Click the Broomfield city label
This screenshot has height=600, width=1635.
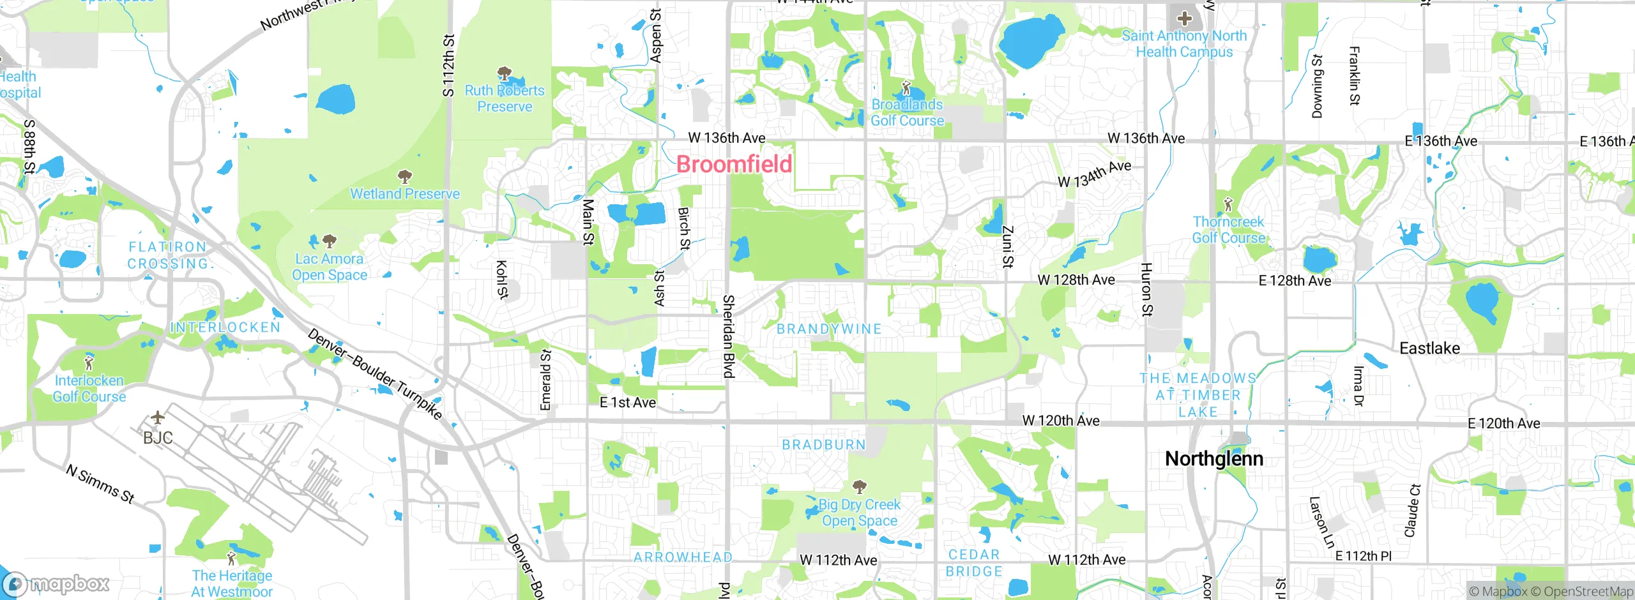[734, 164]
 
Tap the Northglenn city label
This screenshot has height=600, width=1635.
[1213, 458]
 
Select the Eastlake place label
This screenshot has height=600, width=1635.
[1429, 348]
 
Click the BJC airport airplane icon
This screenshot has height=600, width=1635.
[157, 419]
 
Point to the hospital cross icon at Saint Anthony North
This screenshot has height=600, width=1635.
[1184, 18]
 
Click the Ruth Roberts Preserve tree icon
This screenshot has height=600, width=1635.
[504, 73]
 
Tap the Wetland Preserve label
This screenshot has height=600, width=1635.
[404, 193]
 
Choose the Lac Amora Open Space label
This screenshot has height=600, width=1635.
[329, 267]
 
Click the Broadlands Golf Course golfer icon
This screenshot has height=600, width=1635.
[906, 87]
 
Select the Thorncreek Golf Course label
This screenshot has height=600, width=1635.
[1228, 230]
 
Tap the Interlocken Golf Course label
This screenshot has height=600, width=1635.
[89, 388]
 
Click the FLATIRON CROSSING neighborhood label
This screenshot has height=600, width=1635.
[168, 255]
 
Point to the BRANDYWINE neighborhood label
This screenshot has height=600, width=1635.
[828, 329]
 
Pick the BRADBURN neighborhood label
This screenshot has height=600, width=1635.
[824, 444]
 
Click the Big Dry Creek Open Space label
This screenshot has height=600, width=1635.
[860, 513]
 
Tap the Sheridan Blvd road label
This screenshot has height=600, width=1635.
[727, 336]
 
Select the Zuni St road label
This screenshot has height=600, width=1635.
[1007, 246]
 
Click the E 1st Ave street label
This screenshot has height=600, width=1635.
[627, 402]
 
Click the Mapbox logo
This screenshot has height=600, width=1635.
[56, 583]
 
